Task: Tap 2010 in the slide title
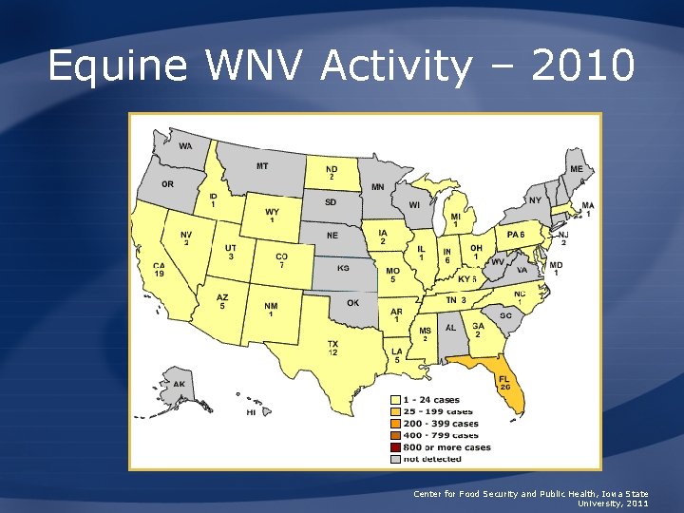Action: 582,66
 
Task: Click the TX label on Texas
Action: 333,344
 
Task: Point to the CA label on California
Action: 160,266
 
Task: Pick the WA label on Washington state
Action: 184,146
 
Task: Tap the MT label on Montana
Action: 262,166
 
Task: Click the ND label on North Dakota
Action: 332,169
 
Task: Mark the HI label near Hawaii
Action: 251,412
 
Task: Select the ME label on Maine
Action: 577,169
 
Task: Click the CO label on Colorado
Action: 281,256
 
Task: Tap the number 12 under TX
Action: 333,352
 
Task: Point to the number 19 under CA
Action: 160,275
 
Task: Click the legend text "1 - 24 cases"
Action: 431,400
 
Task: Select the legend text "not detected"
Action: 432,459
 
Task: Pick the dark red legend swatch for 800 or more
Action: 395,447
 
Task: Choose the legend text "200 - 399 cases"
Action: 440,424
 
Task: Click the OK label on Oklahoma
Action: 353,303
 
